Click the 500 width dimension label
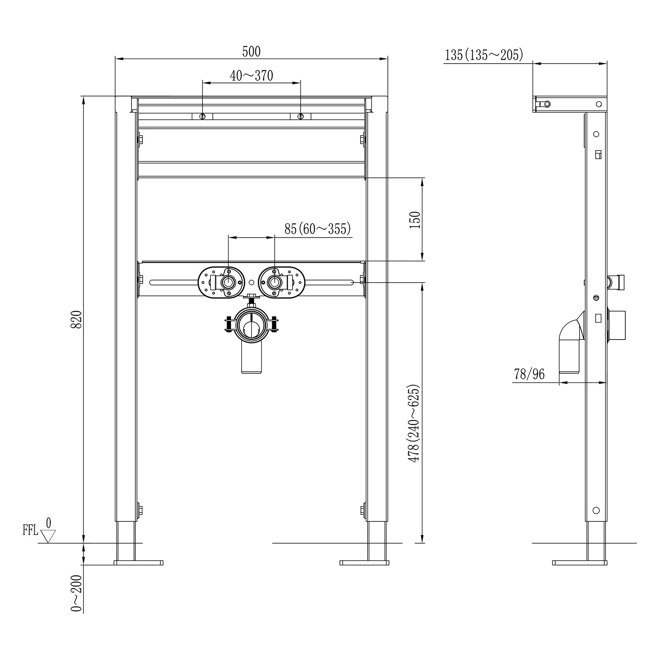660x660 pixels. pos(251,52)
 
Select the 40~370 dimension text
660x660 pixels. pos(251,76)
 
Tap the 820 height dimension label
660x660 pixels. pos(77,320)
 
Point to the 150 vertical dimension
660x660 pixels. pos(416,219)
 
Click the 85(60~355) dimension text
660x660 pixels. pos(317,229)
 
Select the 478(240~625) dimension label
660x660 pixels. pos(414,423)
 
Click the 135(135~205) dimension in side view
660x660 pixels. pos(484,54)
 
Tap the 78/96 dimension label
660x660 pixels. pos(529,374)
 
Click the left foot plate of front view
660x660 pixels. pos(139,563)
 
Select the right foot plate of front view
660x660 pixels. pos(364,563)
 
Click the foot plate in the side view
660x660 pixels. pos(580,563)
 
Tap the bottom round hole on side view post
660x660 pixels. pos(596,510)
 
